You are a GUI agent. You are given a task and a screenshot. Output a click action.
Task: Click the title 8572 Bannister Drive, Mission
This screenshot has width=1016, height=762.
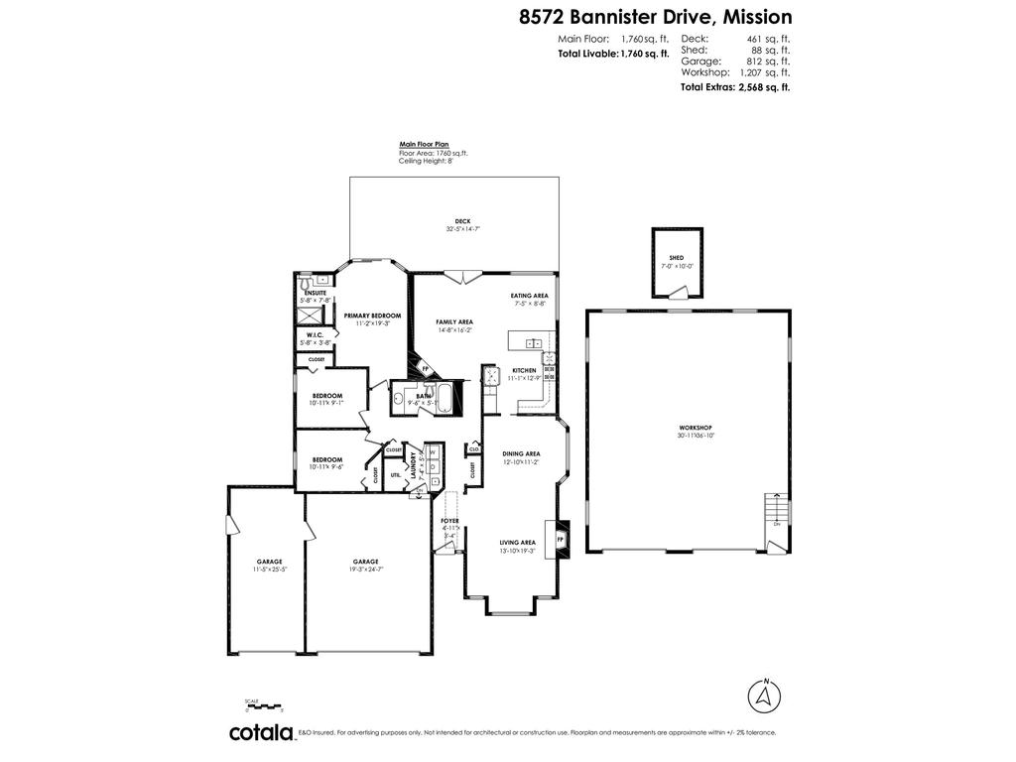tap(656, 17)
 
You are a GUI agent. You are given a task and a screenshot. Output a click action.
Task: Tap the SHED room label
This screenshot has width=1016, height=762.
tap(677, 258)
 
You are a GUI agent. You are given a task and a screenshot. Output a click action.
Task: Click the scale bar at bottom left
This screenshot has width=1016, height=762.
tap(264, 705)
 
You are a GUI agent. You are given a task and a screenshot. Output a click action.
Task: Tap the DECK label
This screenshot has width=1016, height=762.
tap(462, 221)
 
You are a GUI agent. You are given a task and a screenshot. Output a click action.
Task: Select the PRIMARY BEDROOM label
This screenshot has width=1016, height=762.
tap(366, 316)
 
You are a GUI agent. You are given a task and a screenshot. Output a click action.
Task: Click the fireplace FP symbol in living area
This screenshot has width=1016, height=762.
tap(560, 539)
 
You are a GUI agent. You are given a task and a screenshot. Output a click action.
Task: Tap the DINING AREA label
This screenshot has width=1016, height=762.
tap(520, 453)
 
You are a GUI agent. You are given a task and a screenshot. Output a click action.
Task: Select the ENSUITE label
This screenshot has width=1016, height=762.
tap(316, 293)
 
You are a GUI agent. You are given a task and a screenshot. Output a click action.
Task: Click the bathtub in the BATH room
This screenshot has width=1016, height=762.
tap(444, 398)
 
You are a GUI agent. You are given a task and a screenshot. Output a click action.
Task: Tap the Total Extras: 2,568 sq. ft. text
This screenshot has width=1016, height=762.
tap(734, 87)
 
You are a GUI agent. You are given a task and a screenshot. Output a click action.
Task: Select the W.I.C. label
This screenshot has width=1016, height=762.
tap(316, 335)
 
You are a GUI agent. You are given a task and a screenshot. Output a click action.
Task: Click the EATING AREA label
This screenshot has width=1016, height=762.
tap(529, 296)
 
